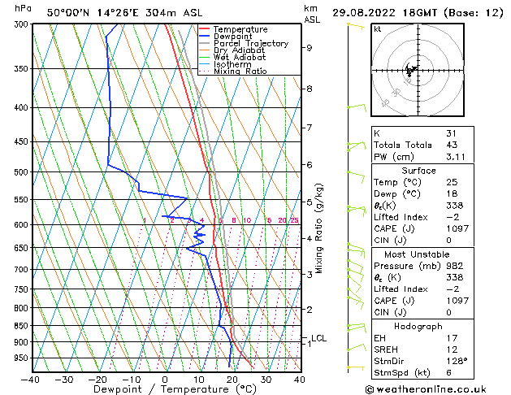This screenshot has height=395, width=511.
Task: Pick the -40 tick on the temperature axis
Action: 32,379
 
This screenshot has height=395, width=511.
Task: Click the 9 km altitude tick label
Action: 310,48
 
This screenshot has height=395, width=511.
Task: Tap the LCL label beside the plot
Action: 318,338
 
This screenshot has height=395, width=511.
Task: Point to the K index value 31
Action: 452,132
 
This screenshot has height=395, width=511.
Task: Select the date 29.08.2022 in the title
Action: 365,12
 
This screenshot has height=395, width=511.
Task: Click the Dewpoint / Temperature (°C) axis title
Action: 164,390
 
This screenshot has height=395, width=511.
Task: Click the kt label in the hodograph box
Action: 378,28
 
